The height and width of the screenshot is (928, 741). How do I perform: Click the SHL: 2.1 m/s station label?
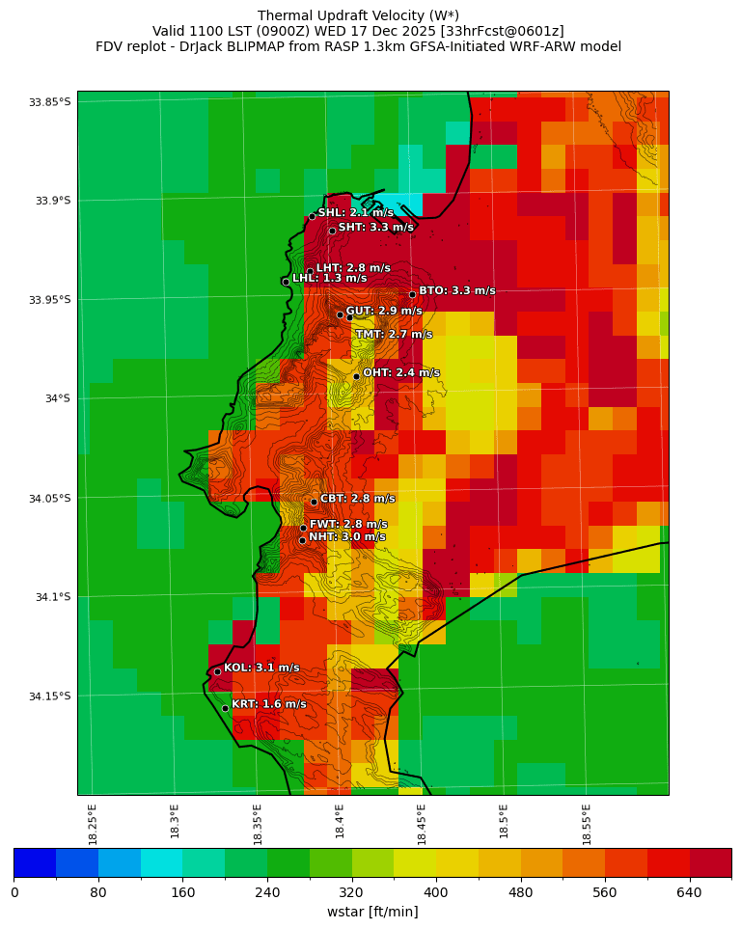[x=355, y=212]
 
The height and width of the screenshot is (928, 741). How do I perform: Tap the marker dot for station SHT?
[x=332, y=231]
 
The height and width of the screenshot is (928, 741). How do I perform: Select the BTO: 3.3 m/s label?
[x=456, y=290]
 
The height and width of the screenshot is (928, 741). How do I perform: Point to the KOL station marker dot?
[x=217, y=671]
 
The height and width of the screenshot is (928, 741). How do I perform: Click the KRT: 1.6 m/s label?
[x=268, y=704]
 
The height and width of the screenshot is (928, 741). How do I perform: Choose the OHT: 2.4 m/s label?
[x=400, y=372]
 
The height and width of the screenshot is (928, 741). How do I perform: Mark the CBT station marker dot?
[x=314, y=502]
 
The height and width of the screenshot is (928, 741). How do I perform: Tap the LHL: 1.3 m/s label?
[x=329, y=278]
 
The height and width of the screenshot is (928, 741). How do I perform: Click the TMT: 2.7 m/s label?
[x=393, y=335]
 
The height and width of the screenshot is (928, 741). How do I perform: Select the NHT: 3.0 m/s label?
[x=346, y=537]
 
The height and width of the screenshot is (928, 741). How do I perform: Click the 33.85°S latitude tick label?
[x=50, y=102]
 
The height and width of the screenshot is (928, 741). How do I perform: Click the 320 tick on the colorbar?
[x=351, y=893]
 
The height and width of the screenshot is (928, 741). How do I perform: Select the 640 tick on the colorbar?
[x=689, y=893]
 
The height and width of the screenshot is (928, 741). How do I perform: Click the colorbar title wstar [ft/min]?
[x=372, y=912]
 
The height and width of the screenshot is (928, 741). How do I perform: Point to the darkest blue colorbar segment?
[x=35, y=862]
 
